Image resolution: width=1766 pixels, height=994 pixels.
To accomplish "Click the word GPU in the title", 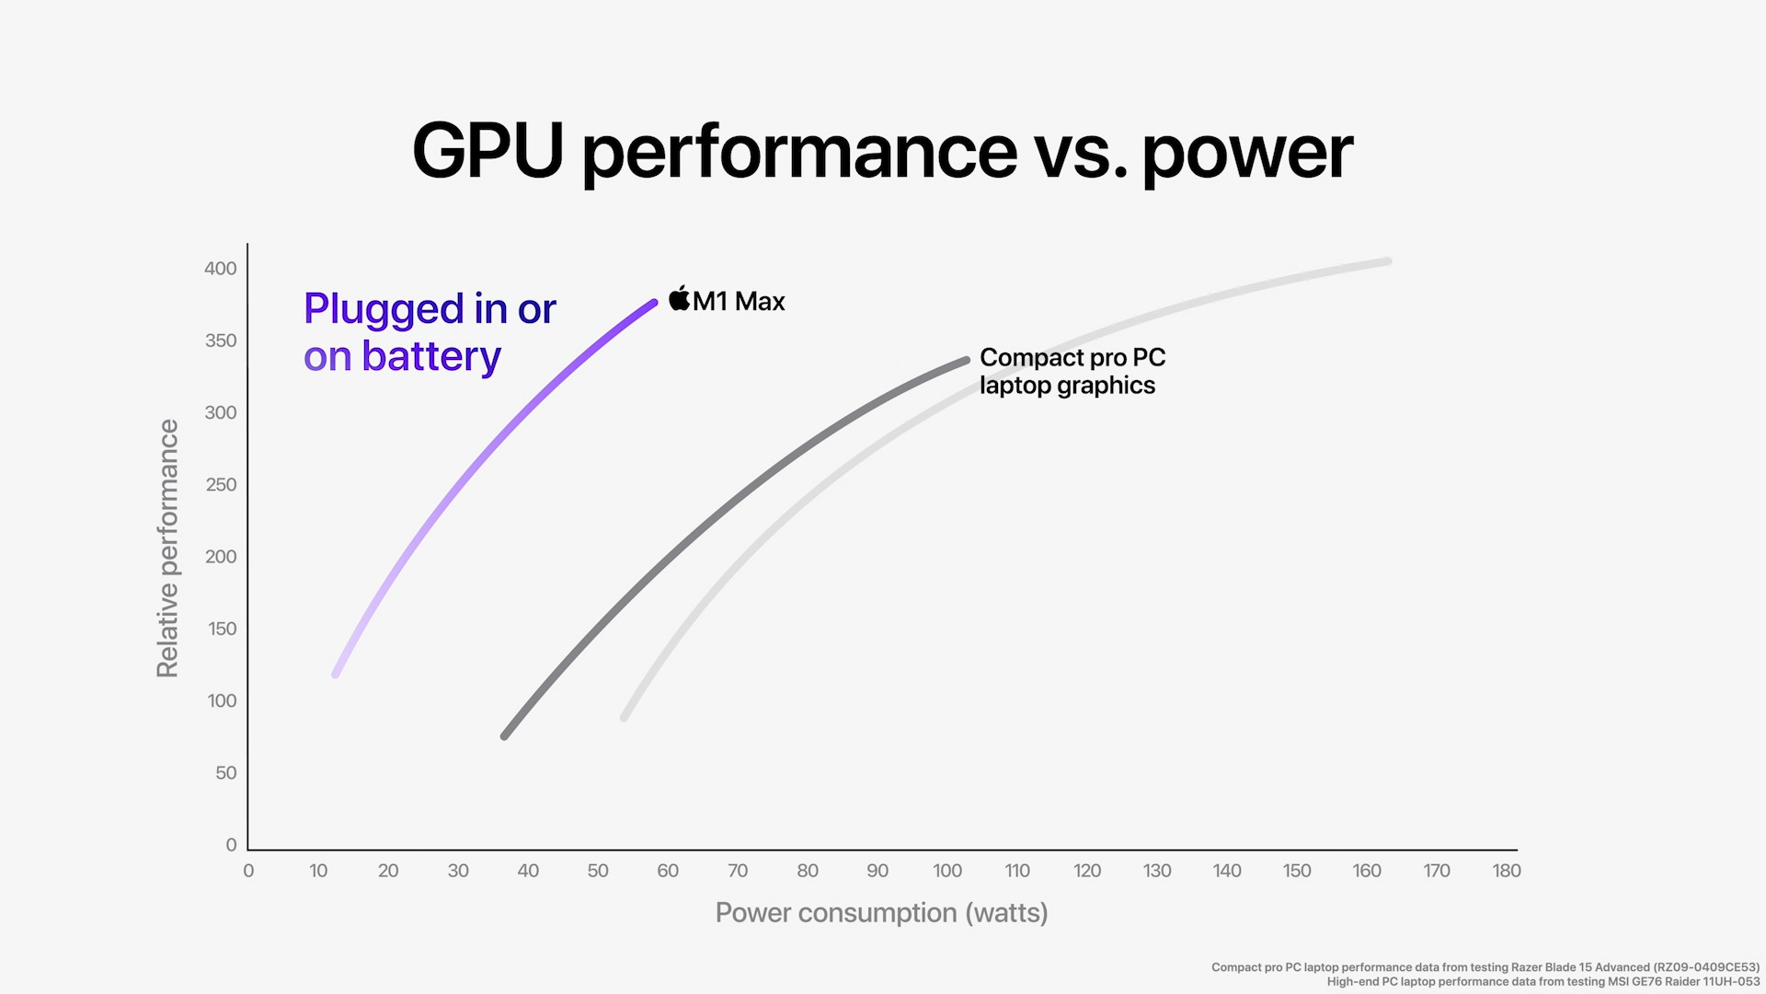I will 487,151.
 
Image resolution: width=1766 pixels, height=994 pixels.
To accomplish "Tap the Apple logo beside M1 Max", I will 679,299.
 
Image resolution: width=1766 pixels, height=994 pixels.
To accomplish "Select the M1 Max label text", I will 739,302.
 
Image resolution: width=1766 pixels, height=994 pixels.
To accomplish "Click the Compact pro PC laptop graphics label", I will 1072,371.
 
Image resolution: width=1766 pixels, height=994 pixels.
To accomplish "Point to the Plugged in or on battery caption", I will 430,332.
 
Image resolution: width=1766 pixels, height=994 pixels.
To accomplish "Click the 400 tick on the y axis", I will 221,269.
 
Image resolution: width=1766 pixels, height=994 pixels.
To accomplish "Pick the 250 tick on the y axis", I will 221,485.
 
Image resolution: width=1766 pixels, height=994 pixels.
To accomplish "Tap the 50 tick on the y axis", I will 226,773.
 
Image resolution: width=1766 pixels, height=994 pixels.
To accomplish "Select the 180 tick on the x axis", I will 1506,871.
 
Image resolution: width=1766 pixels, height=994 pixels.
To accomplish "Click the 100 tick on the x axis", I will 947,871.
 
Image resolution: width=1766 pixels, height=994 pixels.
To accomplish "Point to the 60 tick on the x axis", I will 668,871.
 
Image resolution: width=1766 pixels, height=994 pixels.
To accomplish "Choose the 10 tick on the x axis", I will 318,871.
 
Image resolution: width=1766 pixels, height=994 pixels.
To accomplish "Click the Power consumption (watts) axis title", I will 881,913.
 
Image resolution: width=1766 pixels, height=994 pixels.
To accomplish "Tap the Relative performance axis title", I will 167,549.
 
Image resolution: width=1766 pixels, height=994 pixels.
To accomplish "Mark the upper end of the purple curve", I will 653,303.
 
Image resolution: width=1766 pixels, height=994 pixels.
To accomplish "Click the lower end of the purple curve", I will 337,674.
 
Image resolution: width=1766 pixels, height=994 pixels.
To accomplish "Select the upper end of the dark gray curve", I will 966,361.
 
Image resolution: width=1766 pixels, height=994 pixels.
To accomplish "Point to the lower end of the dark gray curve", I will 505,735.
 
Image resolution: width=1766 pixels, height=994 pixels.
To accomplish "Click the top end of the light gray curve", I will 1387,262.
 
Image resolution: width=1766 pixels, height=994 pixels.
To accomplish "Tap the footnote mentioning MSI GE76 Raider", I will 1542,982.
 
